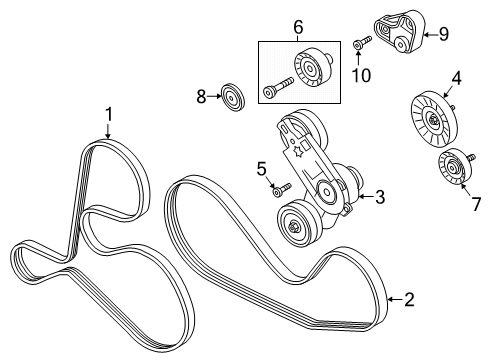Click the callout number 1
click(109, 115)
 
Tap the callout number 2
click(409, 299)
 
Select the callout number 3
click(380, 197)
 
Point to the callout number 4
click(456, 78)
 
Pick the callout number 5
click(262, 169)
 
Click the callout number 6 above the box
click(298, 27)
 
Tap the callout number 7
click(477, 204)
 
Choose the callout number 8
click(201, 97)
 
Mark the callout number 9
click(444, 34)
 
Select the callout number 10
click(361, 75)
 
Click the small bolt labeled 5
click(282, 190)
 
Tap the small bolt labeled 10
click(362, 43)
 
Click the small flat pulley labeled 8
click(233, 97)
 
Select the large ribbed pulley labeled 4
click(433, 119)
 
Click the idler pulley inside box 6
click(313, 69)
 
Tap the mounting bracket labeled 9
click(400, 31)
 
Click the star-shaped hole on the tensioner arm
click(296, 152)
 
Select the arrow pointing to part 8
click(214, 96)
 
